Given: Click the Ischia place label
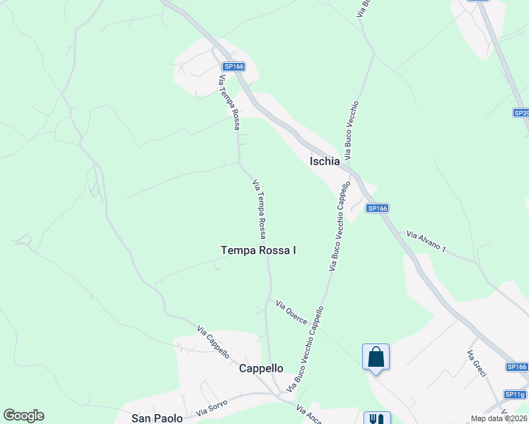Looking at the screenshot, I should pyautogui.click(x=325, y=161).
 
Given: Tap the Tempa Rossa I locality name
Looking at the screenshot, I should pyautogui.click(x=258, y=250).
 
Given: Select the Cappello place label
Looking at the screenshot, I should pyautogui.click(x=261, y=368).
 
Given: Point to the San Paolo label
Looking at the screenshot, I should pyautogui.click(x=157, y=418).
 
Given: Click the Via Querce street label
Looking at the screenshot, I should pyautogui.click(x=291, y=312).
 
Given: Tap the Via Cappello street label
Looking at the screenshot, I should pyautogui.click(x=214, y=343).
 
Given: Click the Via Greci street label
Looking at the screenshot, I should pyautogui.click(x=475, y=363).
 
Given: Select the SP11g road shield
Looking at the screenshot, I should pyautogui.click(x=515, y=394).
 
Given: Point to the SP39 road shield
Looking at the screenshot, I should pyautogui.click(x=521, y=113).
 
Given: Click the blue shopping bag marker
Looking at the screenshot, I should pyautogui.click(x=376, y=356).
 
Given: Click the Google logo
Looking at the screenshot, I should pyautogui.click(x=23, y=416).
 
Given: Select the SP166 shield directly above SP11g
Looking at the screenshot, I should pyautogui.click(x=517, y=367).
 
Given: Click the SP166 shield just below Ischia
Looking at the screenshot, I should pyautogui.click(x=377, y=208).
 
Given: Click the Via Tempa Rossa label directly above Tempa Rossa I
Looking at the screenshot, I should pyautogui.click(x=260, y=208).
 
